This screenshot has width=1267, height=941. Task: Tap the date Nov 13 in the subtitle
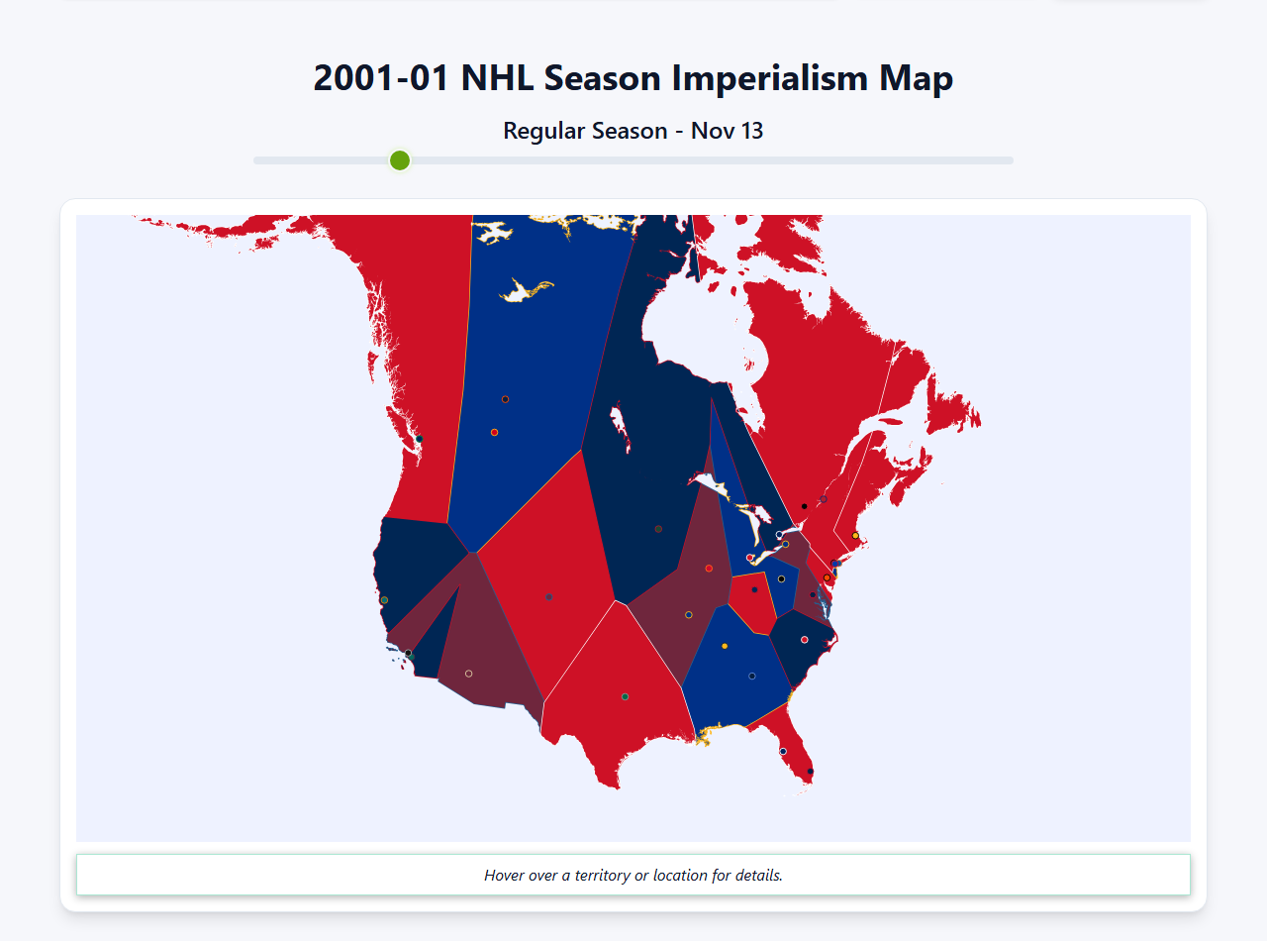[x=727, y=131]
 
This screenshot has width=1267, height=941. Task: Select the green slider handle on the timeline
[x=400, y=160]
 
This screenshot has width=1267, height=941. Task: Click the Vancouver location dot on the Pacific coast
[x=419, y=439]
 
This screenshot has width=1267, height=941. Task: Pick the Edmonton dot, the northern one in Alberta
[x=505, y=399]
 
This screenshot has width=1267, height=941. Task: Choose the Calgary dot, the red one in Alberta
[x=494, y=432]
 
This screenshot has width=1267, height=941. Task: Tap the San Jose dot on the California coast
[x=384, y=600]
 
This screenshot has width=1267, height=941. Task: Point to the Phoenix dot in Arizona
[x=468, y=674]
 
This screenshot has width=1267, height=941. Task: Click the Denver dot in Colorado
[x=548, y=596]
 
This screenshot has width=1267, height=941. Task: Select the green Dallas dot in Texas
[x=625, y=696]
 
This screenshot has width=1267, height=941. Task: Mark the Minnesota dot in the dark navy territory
[x=658, y=529]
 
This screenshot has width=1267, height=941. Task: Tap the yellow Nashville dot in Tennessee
[x=725, y=647]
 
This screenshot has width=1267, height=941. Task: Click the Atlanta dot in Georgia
[x=752, y=676]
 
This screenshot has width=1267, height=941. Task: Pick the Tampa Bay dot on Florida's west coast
[x=783, y=751]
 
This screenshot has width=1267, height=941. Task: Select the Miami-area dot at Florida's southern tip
[x=811, y=771]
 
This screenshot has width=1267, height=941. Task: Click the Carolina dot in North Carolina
[x=804, y=639]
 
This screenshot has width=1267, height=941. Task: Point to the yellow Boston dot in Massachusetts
[x=855, y=536]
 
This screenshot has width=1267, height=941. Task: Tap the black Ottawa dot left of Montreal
[x=804, y=506]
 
